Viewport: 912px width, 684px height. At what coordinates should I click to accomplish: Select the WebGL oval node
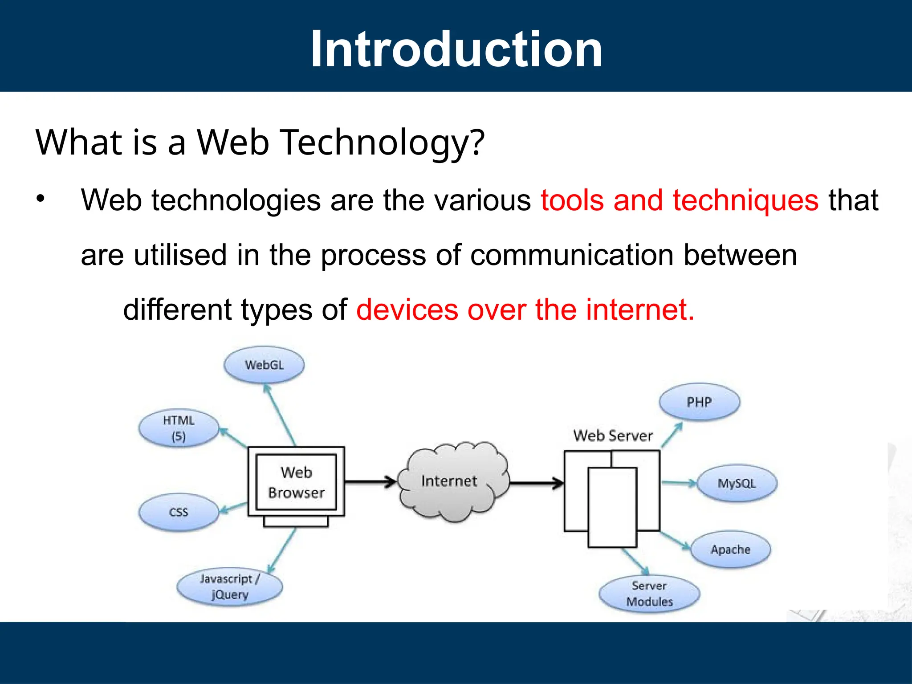264,365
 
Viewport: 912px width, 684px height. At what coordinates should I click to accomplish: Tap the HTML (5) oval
179,428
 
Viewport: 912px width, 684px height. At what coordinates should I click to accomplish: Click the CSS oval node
179,512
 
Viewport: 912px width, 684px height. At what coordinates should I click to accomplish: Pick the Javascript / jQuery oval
229,586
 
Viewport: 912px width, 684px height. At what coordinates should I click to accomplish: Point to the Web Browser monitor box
296,482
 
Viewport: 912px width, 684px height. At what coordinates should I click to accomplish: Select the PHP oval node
699,402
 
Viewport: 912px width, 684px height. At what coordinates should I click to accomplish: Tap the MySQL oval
737,484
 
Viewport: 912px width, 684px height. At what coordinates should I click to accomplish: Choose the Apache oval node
730,550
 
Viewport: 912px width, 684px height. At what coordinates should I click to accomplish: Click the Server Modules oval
649,594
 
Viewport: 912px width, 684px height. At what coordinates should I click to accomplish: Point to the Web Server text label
613,436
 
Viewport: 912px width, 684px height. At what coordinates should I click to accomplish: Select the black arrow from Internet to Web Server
536,483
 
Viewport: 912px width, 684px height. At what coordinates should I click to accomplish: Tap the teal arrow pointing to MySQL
679,483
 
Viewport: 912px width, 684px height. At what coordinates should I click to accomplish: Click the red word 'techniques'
745,200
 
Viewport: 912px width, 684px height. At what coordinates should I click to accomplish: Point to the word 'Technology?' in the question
383,143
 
